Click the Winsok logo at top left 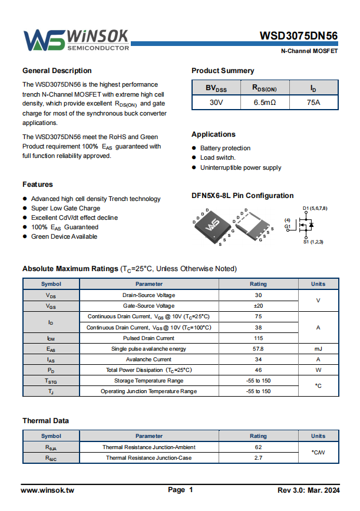click(75, 39)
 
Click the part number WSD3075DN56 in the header click(299, 36)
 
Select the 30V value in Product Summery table click(216, 102)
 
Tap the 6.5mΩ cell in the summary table click(265, 102)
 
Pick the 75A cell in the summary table click(313, 102)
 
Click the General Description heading click(57, 71)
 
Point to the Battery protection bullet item click(225, 148)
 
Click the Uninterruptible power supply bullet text click(240, 167)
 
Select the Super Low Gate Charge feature click(65, 208)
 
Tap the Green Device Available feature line click(64, 236)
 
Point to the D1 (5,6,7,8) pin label click(315, 209)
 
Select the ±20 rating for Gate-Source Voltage click(258, 306)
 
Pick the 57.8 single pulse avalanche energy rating click(258, 349)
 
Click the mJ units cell click(318, 349)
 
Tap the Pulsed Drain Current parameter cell click(148, 338)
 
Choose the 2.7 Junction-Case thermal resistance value click(258, 458)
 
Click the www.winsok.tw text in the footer click(48, 490)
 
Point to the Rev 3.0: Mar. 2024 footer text click(308, 490)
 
